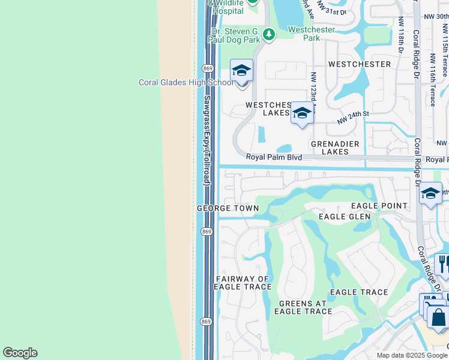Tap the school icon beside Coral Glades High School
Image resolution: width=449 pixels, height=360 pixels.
[x=241, y=71]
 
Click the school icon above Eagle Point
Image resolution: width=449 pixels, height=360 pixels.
[x=430, y=193]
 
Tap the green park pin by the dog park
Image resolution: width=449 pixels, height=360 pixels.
[x=268, y=34]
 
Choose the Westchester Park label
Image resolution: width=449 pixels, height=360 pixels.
[x=312, y=33]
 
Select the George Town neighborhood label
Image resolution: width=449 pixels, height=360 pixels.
[x=228, y=208]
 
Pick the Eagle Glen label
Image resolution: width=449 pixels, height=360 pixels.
[x=345, y=217]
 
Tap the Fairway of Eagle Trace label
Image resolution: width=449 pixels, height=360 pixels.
[x=243, y=283]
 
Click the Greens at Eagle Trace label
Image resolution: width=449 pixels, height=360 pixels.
[x=303, y=307]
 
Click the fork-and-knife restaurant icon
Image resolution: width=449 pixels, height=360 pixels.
[x=443, y=263]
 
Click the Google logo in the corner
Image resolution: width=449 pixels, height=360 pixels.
[x=20, y=353]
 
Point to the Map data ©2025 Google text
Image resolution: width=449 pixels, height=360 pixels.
[x=412, y=355]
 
